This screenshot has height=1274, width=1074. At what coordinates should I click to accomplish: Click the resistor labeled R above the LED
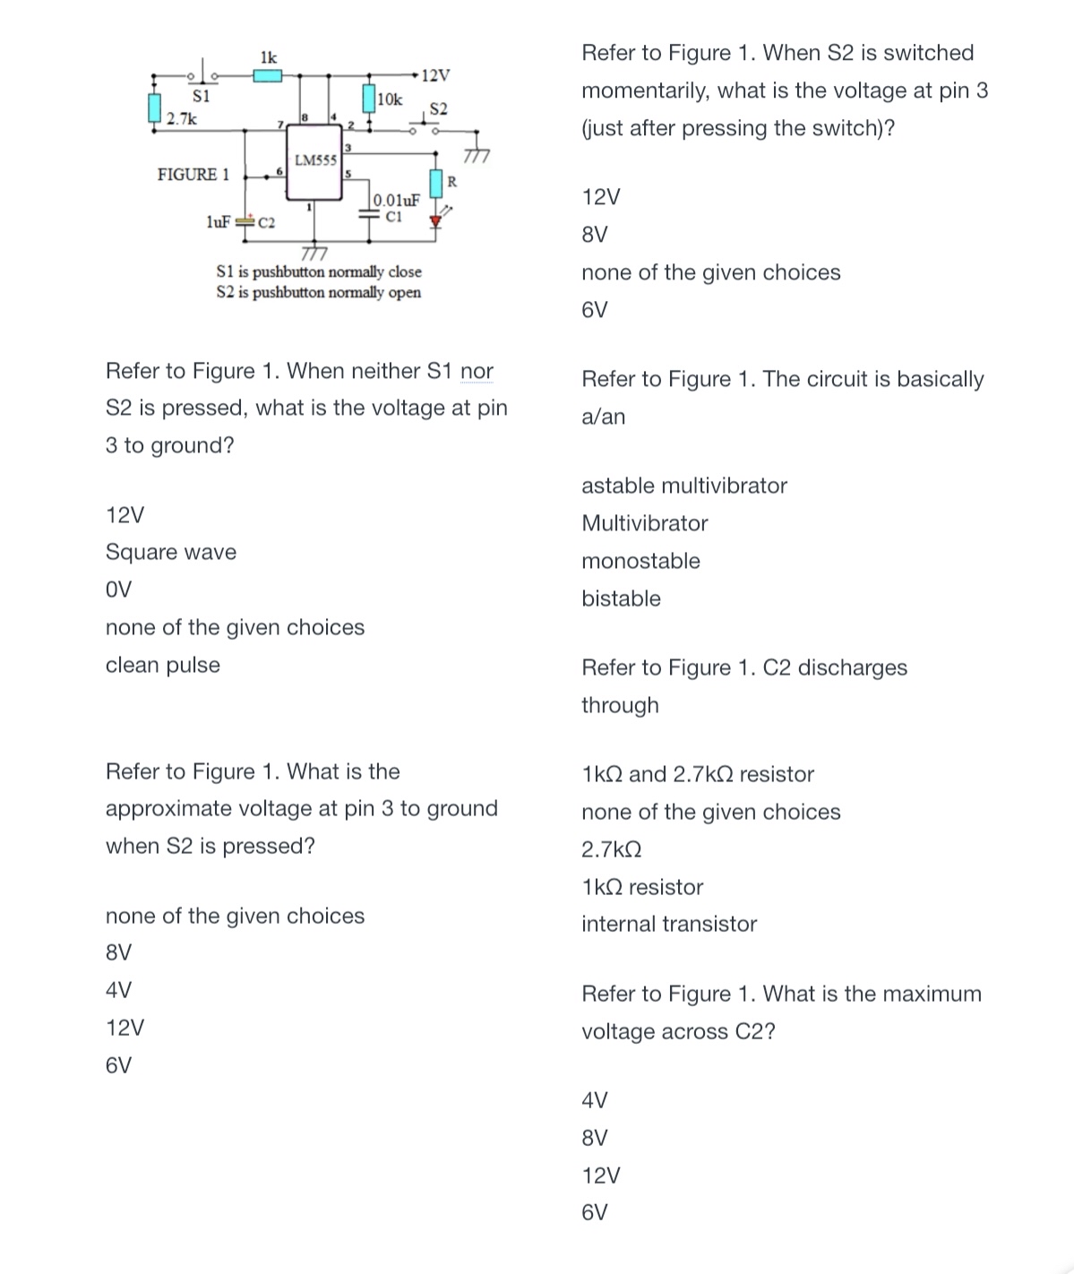point(436,183)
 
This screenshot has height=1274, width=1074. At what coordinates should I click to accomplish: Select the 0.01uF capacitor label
point(397,201)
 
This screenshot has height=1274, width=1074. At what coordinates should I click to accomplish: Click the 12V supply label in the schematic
point(435,74)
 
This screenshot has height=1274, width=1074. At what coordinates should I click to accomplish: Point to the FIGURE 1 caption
point(193,174)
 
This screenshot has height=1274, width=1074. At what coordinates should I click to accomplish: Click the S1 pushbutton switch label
point(202,94)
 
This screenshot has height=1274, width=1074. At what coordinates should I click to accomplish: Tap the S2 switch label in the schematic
point(438,109)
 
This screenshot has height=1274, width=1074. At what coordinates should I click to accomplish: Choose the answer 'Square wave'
point(171,552)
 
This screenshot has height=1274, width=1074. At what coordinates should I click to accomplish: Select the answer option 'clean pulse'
point(163,665)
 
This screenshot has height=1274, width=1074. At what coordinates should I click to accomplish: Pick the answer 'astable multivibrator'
point(684,486)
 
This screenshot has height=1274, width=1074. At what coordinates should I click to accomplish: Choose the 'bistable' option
point(621,598)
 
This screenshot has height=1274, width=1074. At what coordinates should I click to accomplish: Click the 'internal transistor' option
point(669,924)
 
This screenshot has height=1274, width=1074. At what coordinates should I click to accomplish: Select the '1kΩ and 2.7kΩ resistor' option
point(698,774)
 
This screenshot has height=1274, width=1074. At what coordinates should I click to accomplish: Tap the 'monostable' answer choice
point(640,561)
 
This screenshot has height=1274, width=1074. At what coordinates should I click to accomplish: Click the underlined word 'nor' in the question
point(477,371)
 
